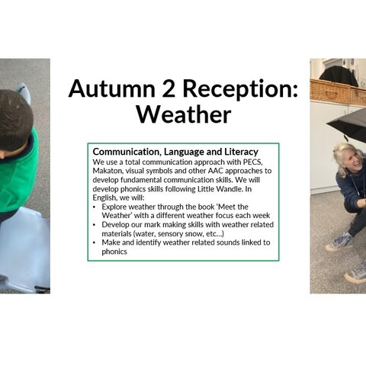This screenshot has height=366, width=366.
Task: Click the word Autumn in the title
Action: [x=112, y=88]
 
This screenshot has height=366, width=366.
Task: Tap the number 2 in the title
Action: [x=169, y=88]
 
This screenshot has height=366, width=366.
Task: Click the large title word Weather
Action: [x=184, y=114]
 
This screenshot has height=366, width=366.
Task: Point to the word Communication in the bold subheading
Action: [x=127, y=152]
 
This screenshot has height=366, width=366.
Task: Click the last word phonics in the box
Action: [x=114, y=252]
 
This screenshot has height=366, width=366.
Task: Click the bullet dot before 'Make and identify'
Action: [x=95, y=243]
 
